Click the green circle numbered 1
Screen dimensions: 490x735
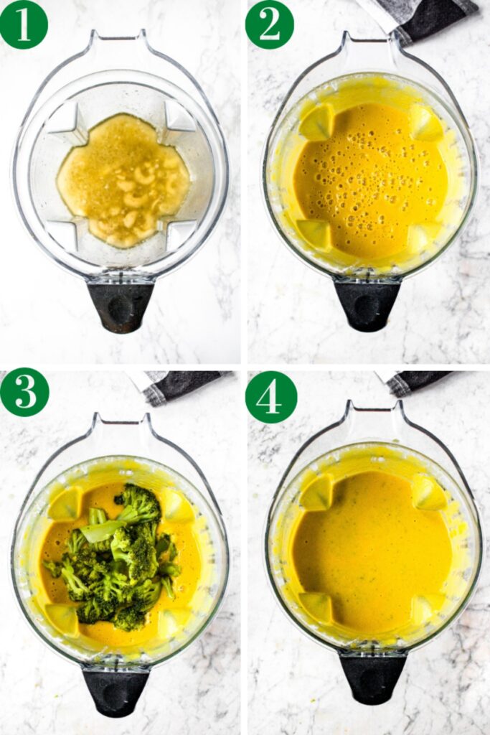click(x=24, y=24)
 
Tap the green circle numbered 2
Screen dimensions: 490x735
click(x=269, y=24)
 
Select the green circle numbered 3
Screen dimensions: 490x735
click(x=24, y=393)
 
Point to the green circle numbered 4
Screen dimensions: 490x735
click(x=270, y=396)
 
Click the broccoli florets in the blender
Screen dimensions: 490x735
click(x=116, y=556)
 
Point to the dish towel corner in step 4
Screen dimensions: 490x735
click(x=417, y=383)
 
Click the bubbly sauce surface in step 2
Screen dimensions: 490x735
click(x=371, y=180)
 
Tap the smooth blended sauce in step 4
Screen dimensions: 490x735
click(x=372, y=553)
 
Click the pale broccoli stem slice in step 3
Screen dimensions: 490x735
click(x=100, y=529)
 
